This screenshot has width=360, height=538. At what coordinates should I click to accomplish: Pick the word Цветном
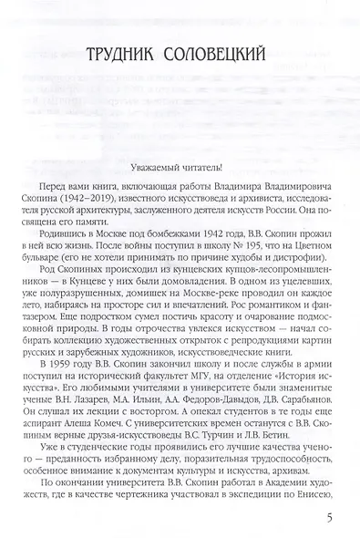point(314,233)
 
